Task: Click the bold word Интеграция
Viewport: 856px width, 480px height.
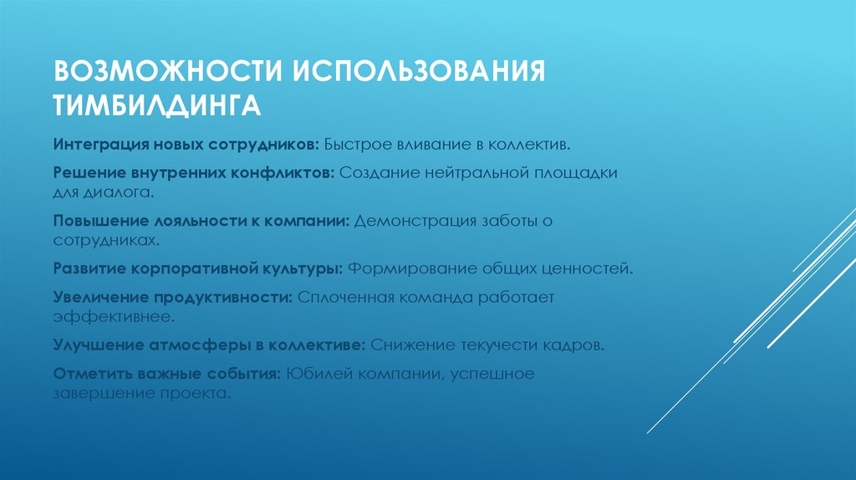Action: [98, 145]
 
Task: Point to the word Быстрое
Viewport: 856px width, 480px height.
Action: [358, 145]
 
